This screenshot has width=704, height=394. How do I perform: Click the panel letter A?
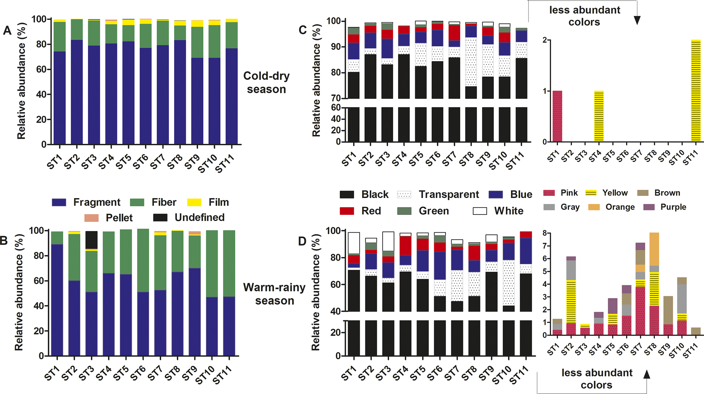point(7,31)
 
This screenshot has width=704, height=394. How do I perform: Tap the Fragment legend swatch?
point(59,202)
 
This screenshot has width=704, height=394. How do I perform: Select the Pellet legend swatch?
point(91,218)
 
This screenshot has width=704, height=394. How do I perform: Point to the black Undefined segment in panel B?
point(91,240)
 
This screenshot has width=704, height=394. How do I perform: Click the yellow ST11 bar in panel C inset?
point(695,91)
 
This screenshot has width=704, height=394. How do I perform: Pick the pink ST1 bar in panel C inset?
point(557,116)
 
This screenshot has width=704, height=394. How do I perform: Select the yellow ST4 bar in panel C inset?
point(599,116)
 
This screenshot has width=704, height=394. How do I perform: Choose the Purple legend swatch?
point(648,207)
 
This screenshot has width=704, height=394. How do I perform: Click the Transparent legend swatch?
point(404,195)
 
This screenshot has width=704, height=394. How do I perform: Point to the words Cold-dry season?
point(266,83)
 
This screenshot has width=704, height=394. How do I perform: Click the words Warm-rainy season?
point(274,294)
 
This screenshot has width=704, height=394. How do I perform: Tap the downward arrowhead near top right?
point(637,20)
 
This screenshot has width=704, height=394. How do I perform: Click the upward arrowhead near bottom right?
point(647,374)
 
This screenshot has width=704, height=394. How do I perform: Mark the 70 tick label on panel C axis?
point(336,98)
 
